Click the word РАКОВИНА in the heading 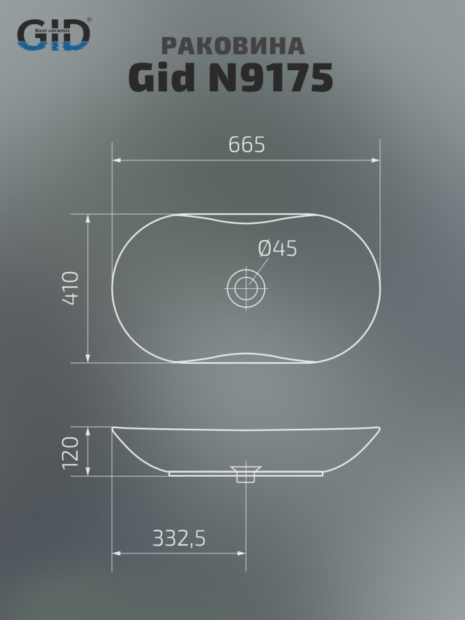tap(232, 45)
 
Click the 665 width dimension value tap(247, 145)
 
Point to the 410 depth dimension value tap(71, 288)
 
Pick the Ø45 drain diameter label tap(278, 249)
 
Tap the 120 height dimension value tap(71, 452)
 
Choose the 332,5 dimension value tap(179, 539)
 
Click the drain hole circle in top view tap(246, 288)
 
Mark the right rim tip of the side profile tap(379, 430)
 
